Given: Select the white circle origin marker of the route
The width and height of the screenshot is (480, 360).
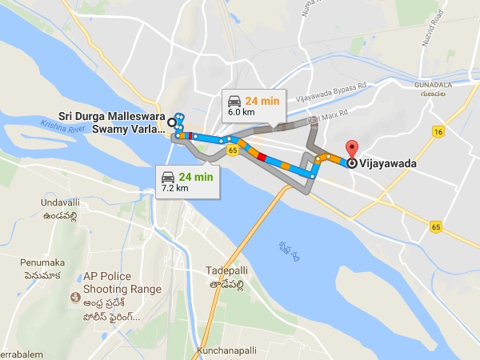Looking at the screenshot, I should pyautogui.click(x=171, y=122).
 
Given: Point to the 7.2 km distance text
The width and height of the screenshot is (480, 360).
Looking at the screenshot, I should pyautogui.click(x=175, y=188).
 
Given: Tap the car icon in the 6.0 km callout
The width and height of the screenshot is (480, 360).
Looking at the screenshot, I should pyautogui.click(x=234, y=101).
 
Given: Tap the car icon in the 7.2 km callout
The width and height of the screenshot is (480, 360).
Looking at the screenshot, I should pyautogui.click(x=169, y=176).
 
